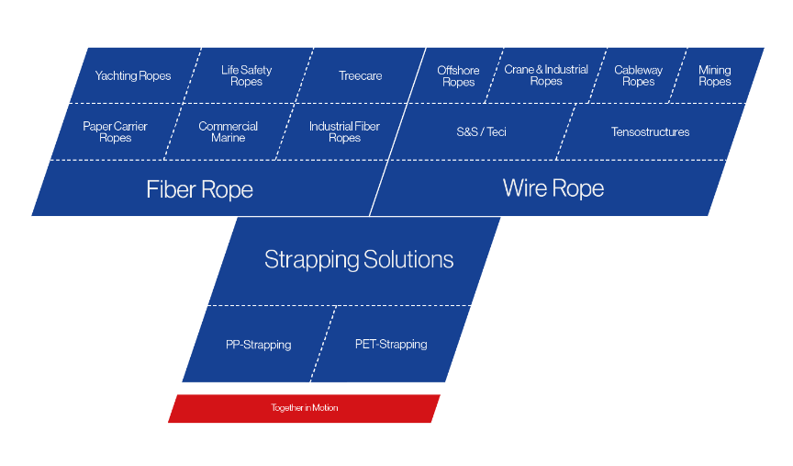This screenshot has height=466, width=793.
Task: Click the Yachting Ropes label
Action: (x=133, y=76)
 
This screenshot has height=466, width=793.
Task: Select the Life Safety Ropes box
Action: (x=247, y=75)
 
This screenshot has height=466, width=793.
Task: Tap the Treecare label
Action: (x=360, y=76)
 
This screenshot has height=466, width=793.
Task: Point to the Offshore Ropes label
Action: (x=458, y=76)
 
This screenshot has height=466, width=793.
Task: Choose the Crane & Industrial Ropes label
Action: (x=546, y=75)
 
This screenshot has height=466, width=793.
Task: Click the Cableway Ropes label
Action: (x=638, y=75)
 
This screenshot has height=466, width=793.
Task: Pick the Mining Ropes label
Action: (x=714, y=75)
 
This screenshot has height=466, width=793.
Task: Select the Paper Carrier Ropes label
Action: (x=115, y=132)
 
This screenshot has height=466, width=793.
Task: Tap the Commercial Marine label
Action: (x=228, y=132)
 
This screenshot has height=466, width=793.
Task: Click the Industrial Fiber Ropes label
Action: (x=344, y=132)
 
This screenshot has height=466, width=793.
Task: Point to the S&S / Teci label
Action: (x=481, y=132)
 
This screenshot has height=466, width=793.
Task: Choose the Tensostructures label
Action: (x=650, y=132)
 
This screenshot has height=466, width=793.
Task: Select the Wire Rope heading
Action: (x=553, y=189)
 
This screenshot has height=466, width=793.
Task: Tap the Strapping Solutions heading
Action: (x=359, y=259)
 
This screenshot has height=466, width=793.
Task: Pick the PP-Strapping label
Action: (x=258, y=345)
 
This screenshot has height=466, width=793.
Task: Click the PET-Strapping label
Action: (x=391, y=345)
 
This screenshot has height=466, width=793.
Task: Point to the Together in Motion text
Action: (x=304, y=408)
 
